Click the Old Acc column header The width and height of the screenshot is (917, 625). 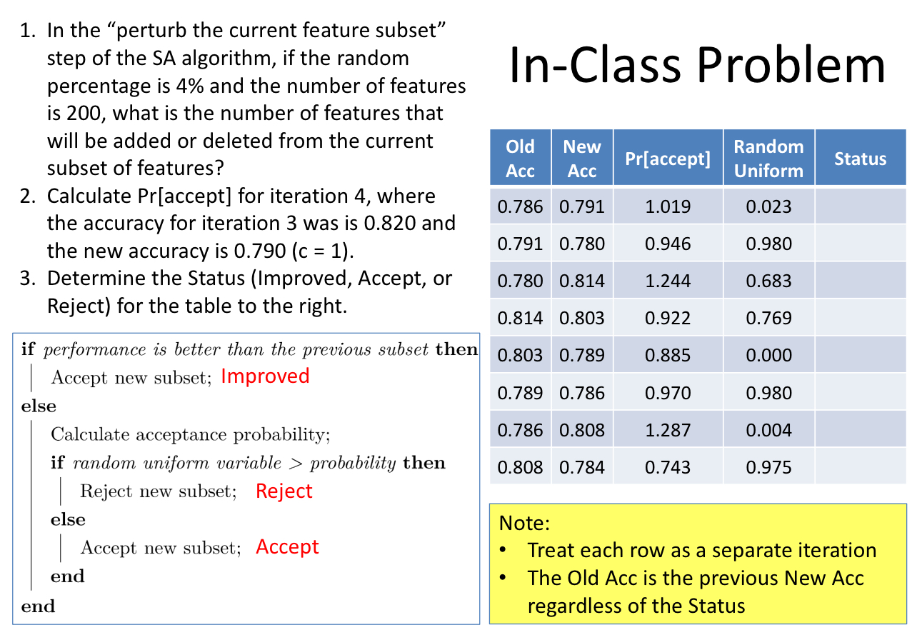click(520, 159)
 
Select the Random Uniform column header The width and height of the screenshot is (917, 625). click(768, 159)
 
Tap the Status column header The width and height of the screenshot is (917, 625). click(860, 159)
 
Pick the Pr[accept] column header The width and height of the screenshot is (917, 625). click(668, 159)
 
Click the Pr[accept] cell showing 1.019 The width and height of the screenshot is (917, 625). click(668, 207)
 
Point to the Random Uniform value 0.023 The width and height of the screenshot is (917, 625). click(768, 207)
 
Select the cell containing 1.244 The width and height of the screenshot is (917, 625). click(668, 281)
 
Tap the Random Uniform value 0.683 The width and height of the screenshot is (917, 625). click(768, 281)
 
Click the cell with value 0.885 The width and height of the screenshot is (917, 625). click(668, 355)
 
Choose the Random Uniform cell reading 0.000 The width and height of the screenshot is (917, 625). click(768, 355)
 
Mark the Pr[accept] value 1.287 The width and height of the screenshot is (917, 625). click(668, 430)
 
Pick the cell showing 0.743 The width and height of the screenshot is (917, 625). click(668, 468)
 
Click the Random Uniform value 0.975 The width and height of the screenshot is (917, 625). click(768, 468)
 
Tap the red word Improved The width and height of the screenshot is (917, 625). click(265, 376)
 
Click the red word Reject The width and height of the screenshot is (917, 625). click(284, 491)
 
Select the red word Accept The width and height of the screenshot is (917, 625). click(287, 547)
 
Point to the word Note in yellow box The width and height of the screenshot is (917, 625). click(523, 523)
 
